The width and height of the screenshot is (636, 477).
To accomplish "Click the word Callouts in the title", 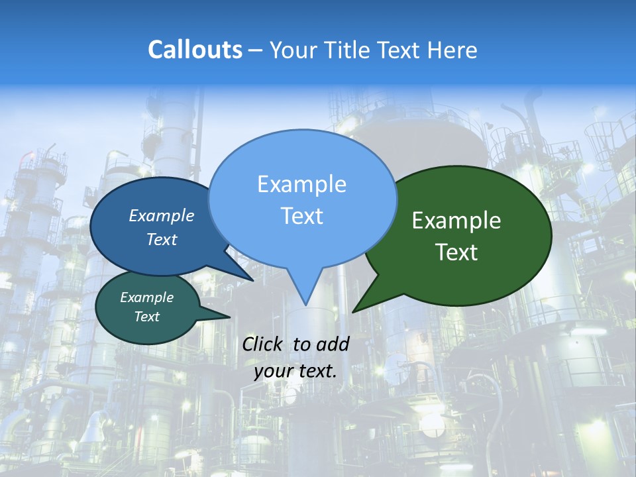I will point(195,50).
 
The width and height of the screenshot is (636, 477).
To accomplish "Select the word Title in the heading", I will point(344,50).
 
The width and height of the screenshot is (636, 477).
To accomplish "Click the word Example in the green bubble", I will point(456,221).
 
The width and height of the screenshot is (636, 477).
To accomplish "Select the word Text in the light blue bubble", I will point(302,216).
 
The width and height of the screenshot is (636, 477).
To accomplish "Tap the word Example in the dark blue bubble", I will point(162,215).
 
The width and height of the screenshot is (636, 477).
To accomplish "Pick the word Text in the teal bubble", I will point(147,317).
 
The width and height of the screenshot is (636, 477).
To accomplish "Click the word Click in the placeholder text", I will point(262,344).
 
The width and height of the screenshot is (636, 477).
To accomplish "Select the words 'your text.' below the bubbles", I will point(295,371).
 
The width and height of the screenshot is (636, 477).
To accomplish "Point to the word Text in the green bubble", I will point(456,252).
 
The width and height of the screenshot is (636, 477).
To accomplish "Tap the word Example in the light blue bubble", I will point(302,184).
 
